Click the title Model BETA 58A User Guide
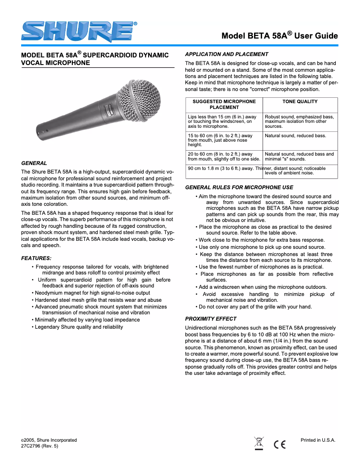pos(279,35)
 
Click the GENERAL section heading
pos(34,163)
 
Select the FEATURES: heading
pos(36,258)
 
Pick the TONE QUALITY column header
pos(300,102)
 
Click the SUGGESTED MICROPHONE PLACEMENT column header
pos(224,104)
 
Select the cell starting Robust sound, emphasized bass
pos(299,121)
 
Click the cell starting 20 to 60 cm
pos(224,156)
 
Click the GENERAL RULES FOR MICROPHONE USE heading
pos(239,187)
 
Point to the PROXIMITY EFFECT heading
pos(211,319)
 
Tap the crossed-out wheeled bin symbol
pos(259,443)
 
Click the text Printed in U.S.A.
pos(318,440)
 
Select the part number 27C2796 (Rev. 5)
pos(40,446)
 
